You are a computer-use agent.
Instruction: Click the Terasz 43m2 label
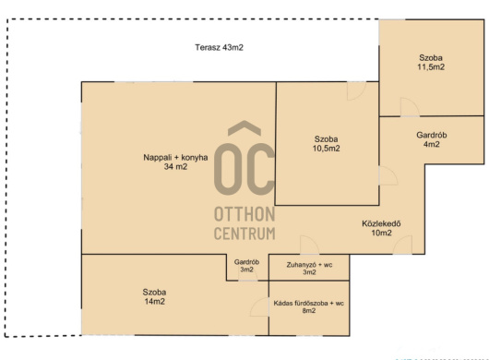(x=219, y=47)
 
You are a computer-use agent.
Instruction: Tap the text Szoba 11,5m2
(x=431, y=63)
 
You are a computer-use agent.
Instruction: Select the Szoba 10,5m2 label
(x=327, y=144)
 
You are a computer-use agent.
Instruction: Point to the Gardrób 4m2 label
(x=432, y=139)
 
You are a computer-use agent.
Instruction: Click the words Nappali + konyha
(x=175, y=158)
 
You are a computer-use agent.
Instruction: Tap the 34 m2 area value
(x=175, y=166)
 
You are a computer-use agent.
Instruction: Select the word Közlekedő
(x=381, y=223)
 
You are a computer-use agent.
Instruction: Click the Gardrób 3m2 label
(x=246, y=266)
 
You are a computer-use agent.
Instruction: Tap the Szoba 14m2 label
(x=154, y=296)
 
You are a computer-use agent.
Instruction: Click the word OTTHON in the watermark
(x=244, y=215)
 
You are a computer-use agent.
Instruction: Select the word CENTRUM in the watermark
(x=244, y=234)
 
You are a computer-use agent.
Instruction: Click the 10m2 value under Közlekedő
(x=381, y=233)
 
